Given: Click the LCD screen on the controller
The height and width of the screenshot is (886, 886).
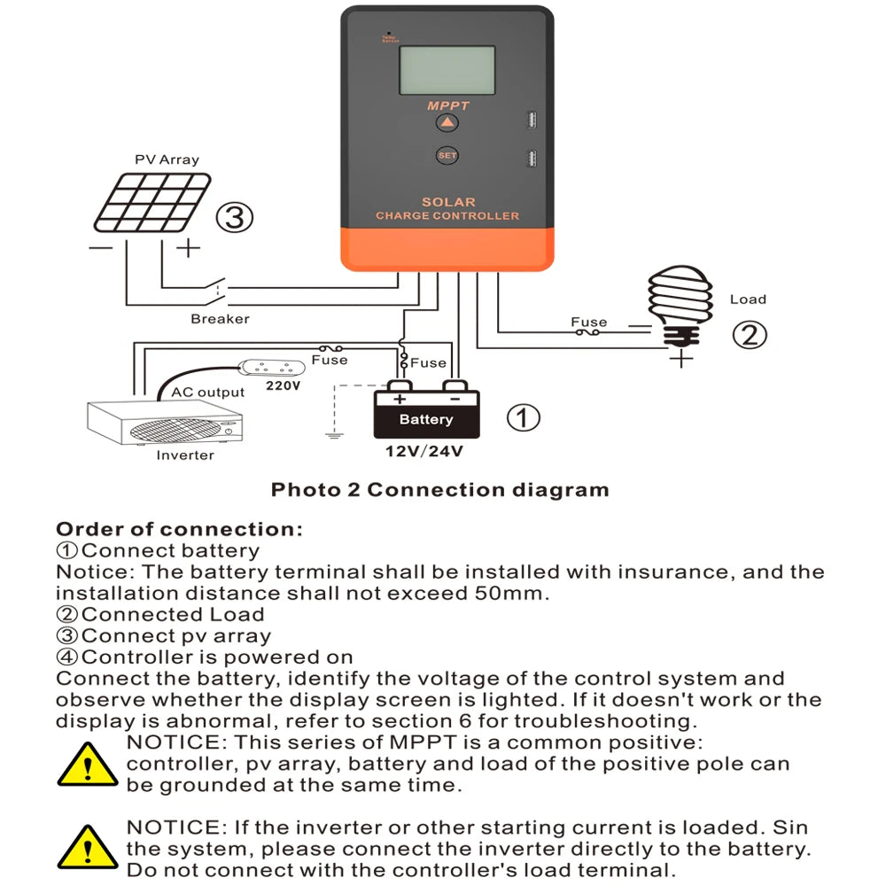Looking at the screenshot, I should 447,70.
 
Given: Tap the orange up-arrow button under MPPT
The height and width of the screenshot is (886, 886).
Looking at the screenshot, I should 447,123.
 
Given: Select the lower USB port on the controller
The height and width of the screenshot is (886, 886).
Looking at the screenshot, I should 530,159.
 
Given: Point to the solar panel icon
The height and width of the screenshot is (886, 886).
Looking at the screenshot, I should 153,202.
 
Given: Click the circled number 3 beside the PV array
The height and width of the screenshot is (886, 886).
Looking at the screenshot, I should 235,217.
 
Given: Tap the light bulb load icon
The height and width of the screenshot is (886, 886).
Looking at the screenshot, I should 680,306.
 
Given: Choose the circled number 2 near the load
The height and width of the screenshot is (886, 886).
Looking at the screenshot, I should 749,335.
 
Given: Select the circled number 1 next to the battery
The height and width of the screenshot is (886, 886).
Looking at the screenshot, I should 523,417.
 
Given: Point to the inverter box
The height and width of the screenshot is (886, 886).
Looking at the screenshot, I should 166,424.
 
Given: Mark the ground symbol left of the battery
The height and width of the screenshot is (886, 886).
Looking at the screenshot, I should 333,434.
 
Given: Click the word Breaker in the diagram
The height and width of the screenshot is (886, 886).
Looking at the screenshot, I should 220,318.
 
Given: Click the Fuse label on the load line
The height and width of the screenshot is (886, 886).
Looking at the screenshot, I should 588,323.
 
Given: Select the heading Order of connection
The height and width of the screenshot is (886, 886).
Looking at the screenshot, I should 179,530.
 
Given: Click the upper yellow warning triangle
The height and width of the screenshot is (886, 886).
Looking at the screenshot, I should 88,764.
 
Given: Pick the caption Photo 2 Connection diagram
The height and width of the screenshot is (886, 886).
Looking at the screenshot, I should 439,490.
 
